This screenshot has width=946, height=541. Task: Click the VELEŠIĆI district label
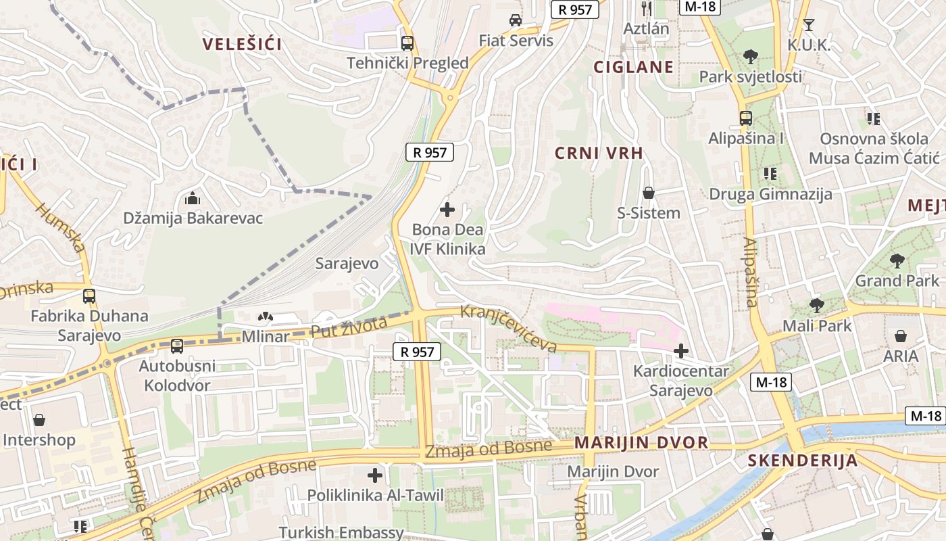242,45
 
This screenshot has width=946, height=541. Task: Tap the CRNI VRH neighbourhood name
599,154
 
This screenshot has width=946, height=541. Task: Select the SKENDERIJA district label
802,461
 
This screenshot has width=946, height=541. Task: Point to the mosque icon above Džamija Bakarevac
193,199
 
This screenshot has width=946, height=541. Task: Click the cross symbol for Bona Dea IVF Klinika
447,210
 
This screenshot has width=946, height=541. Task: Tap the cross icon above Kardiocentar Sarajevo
681,351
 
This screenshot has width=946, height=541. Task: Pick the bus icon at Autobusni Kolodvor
177,346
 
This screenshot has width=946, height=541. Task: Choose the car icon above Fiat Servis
516,20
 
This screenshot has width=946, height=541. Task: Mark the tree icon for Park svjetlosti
750,57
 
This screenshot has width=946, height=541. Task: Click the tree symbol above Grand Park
897,260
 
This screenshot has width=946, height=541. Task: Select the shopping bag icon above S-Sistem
649,193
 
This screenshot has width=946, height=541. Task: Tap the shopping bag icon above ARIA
901,336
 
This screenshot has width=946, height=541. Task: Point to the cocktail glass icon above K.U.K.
808,25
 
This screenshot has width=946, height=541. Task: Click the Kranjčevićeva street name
509,329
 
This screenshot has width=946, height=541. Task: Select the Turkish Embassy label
341,533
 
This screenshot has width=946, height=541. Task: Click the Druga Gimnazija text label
770,195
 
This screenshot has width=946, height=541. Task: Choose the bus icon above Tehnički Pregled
407,43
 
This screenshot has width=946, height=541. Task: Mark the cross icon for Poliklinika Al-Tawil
375,475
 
